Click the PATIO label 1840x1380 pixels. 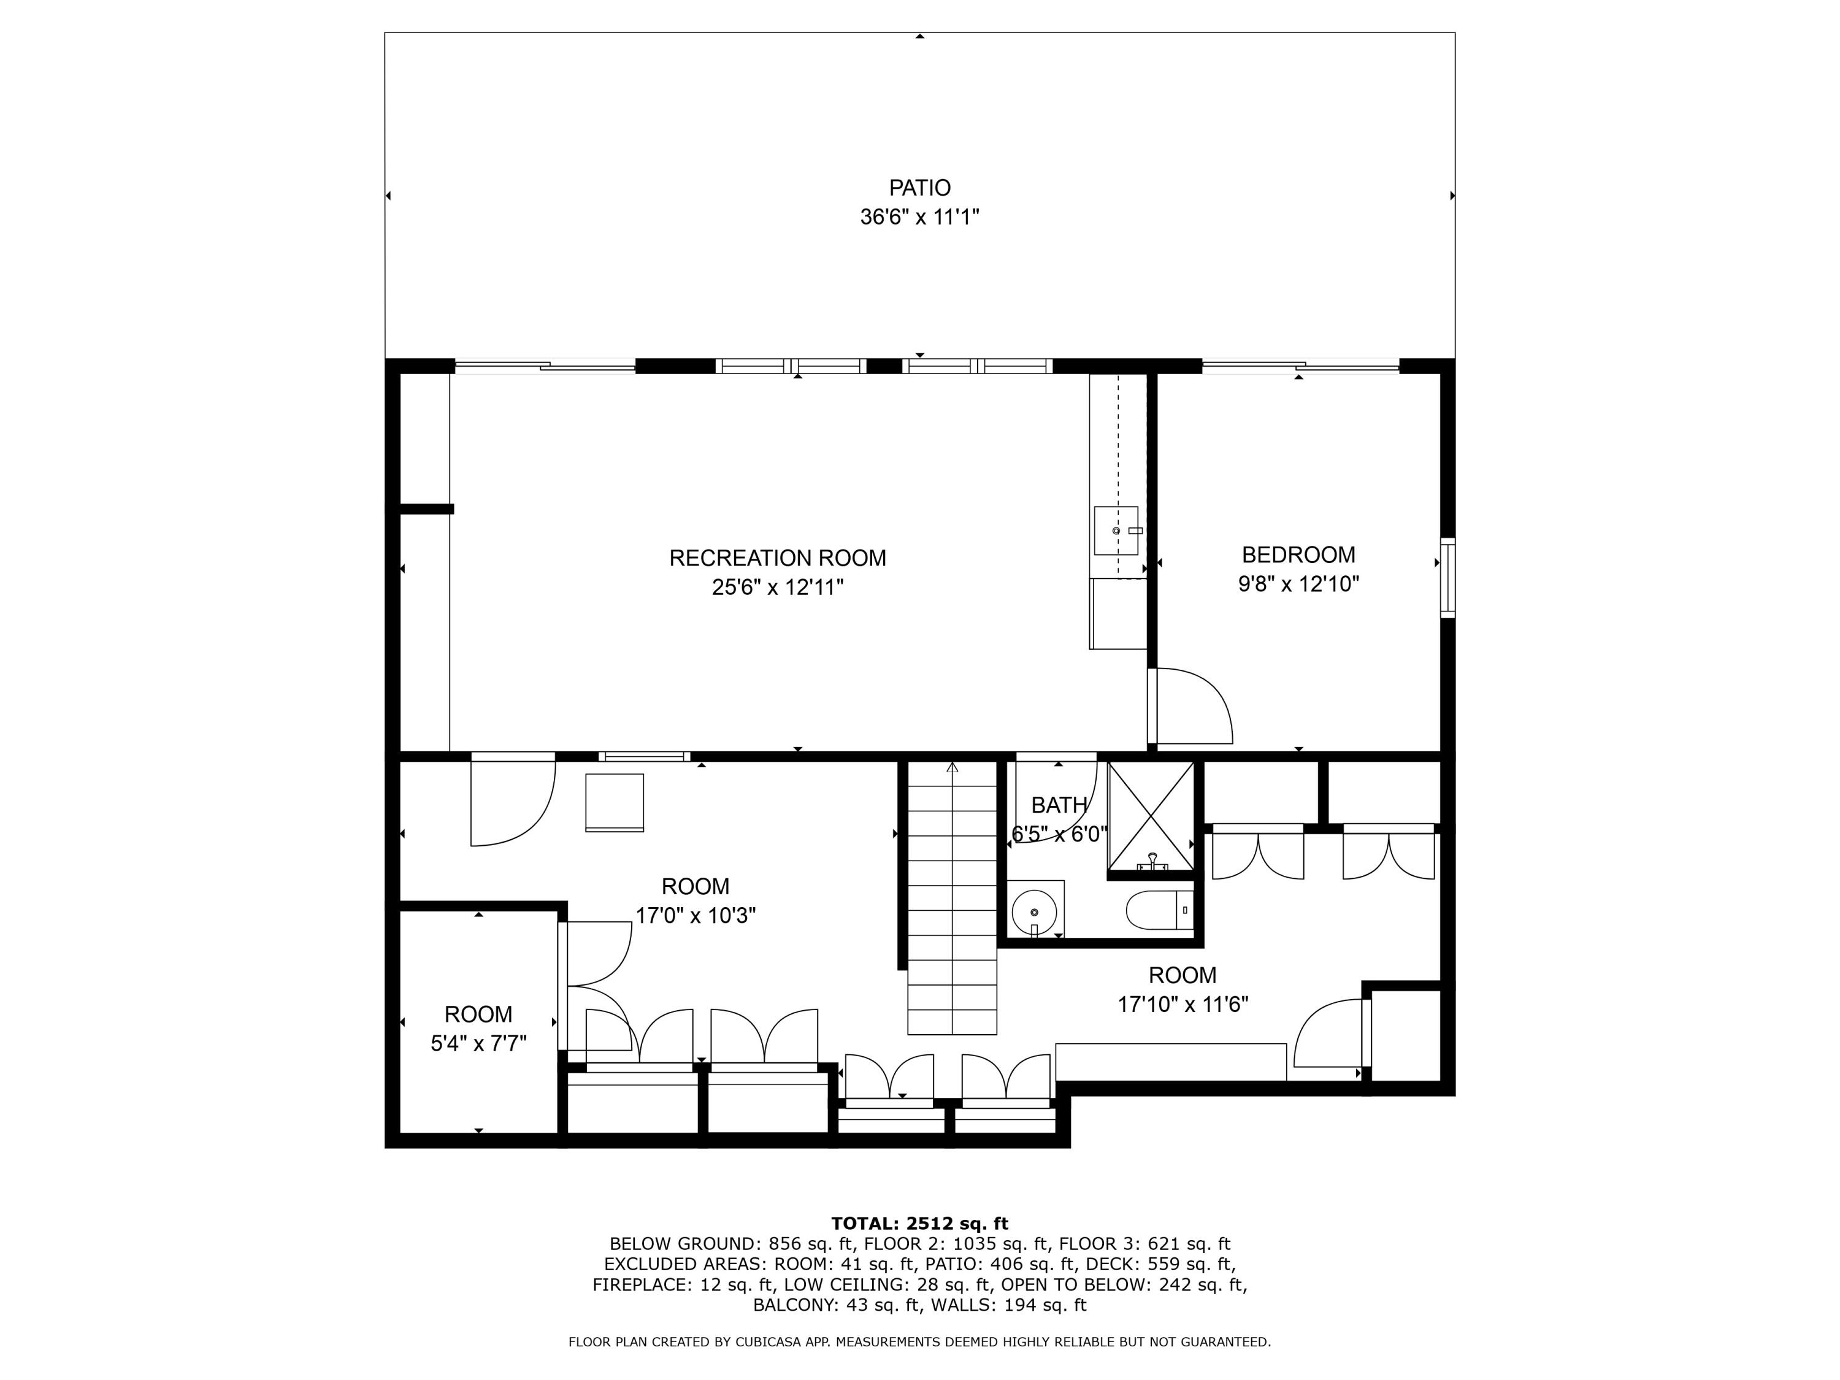(x=919, y=188)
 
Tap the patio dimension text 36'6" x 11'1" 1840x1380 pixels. (x=919, y=218)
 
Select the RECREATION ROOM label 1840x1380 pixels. (x=778, y=558)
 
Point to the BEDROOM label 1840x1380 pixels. (x=1298, y=555)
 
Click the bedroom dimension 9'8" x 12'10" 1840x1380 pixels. (x=1298, y=585)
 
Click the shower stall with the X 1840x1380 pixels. (x=1151, y=815)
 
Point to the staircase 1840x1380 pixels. (x=952, y=899)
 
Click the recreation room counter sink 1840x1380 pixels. (x=1116, y=531)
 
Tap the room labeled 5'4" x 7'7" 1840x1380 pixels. (x=478, y=1028)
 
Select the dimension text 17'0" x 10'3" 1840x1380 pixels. (x=696, y=916)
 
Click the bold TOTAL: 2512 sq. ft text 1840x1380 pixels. (x=919, y=1224)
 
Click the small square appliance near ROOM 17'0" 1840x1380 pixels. (x=614, y=802)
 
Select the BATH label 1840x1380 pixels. (x=1058, y=805)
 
